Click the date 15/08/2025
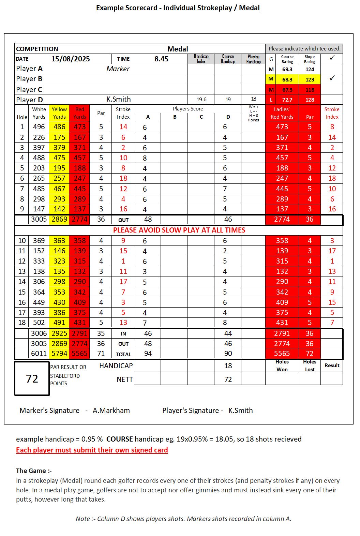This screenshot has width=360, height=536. [x=71, y=59]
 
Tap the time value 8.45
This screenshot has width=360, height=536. [x=161, y=59]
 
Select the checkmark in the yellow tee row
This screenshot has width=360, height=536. [x=332, y=78]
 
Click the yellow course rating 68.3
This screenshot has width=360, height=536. [x=287, y=79]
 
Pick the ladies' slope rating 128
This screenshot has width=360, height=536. [x=310, y=100]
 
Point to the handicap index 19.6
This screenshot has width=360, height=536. [x=201, y=100]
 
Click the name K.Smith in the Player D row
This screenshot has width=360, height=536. [x=119, y=99]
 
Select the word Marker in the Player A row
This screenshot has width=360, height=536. [x=118, y=69]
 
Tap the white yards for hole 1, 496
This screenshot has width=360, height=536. [x=39, y=127]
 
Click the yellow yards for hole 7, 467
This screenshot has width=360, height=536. [x=59, y=189]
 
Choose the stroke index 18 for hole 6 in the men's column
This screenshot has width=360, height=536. [x=123, y=178]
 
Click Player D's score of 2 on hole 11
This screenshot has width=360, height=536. [x=228, y=251]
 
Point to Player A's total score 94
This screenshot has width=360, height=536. [x=148, y=354]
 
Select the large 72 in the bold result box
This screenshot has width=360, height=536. [x=32, y=378]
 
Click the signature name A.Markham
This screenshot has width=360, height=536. [x=111, y=411]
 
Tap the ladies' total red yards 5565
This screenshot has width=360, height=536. [x=282, y=354]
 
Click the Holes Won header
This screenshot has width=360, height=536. [x=282, y=366]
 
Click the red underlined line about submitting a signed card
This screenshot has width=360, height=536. [x=92, y=450]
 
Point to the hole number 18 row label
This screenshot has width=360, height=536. [x=22, y=323]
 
